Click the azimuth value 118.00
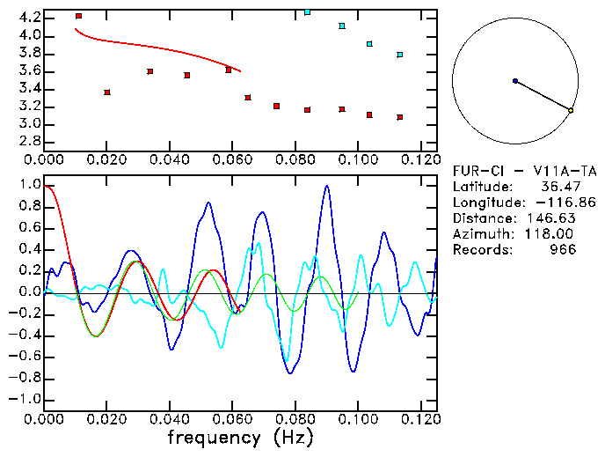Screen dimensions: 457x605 [553, 234]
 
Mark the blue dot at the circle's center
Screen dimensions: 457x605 [514, 81]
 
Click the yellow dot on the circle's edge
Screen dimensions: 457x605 [571, 110]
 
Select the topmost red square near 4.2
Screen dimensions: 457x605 [78, 16]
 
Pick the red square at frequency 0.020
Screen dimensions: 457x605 [107, 92]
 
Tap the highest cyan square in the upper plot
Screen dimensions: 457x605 [307, 12]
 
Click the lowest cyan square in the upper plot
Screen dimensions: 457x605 [399, 55]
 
